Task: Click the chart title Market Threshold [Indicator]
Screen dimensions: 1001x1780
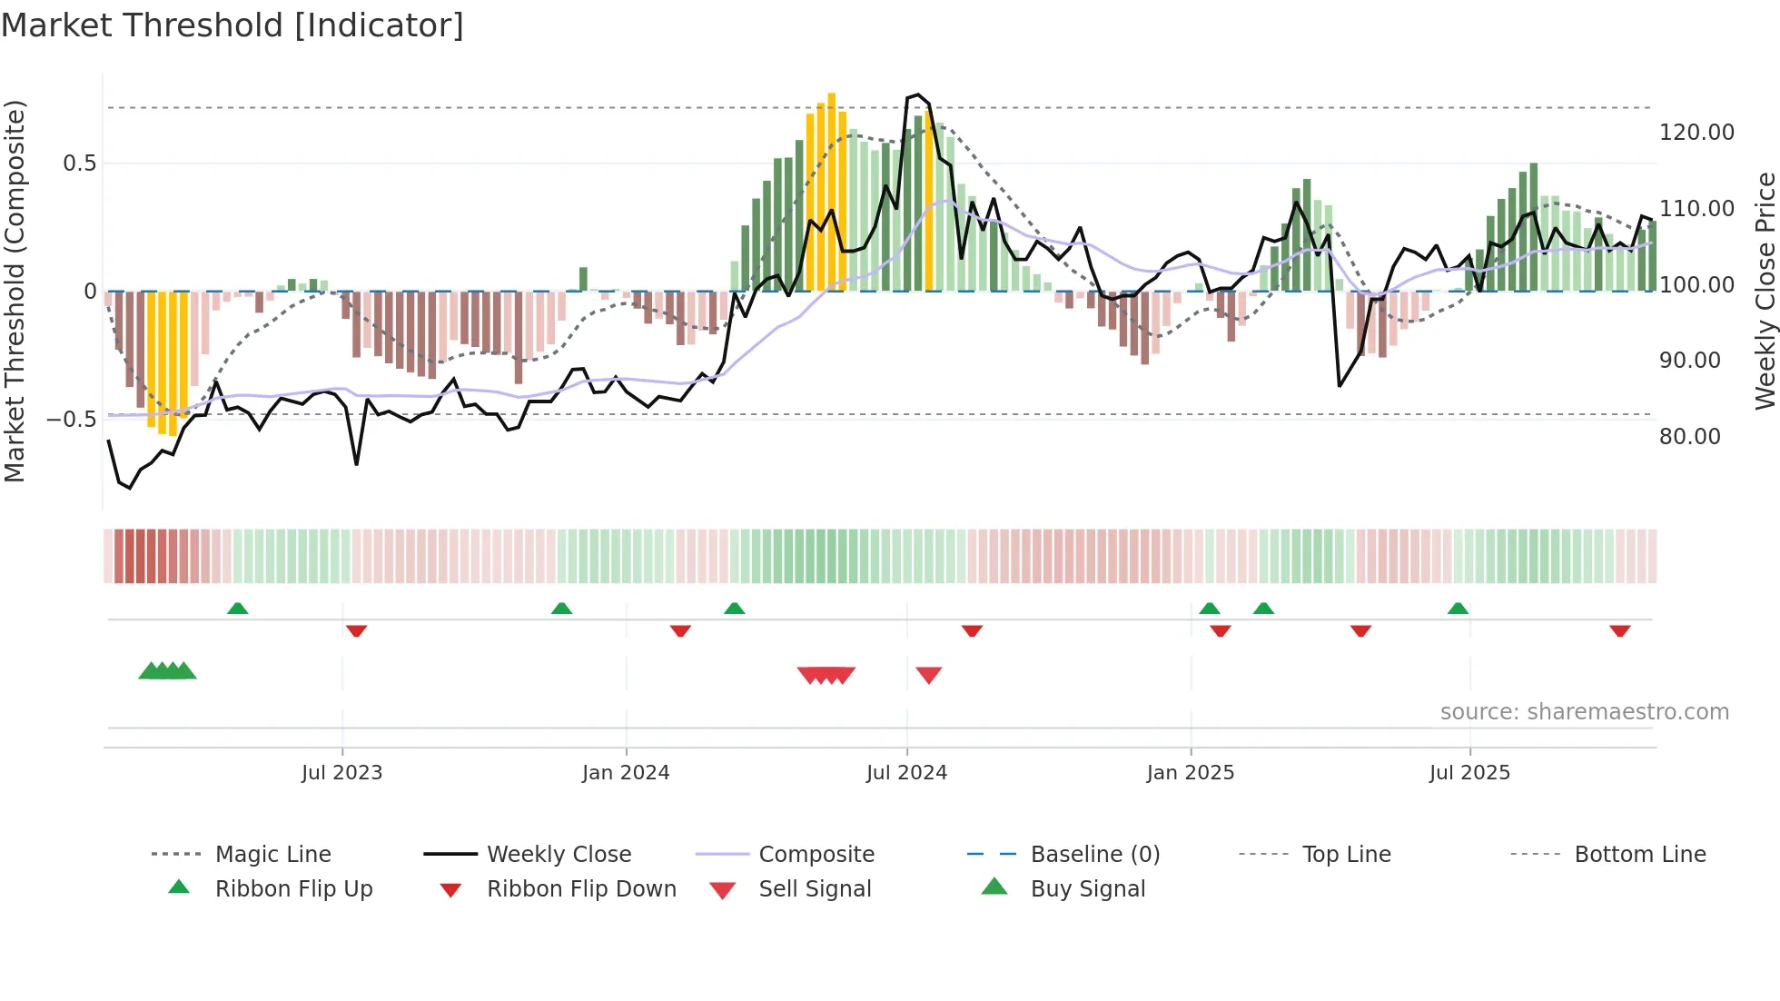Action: (232, 25)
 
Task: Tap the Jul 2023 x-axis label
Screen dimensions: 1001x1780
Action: (341, 773)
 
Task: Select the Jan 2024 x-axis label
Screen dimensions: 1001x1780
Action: (626, 773)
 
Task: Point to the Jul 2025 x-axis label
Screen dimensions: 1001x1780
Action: (1469, 773)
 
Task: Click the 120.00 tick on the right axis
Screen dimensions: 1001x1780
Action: (1696, 133)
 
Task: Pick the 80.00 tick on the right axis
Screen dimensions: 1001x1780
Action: (1689, 437)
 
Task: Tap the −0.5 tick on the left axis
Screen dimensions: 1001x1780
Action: (72, 420)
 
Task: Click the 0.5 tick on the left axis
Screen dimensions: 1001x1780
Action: (79, 164)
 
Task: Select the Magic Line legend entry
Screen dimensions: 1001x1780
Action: (272, 855)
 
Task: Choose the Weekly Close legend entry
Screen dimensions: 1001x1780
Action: (559, 855)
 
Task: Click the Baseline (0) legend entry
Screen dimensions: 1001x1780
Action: (1094, 855)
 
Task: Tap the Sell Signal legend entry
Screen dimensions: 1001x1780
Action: (815, 889)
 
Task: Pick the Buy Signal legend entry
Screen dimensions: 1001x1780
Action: (1087, 889)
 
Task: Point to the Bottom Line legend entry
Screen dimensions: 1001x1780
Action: (1639, 855)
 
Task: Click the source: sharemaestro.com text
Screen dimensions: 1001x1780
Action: (1584, 712)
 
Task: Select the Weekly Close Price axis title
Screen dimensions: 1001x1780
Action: (1765, 291)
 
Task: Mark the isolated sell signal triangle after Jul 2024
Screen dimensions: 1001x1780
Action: (928, 675)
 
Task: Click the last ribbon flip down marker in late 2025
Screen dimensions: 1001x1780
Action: (1619, 630)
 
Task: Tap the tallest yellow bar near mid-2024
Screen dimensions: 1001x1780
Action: (831, 191)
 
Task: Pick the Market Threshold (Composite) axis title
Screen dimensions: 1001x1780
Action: (15, 291)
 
